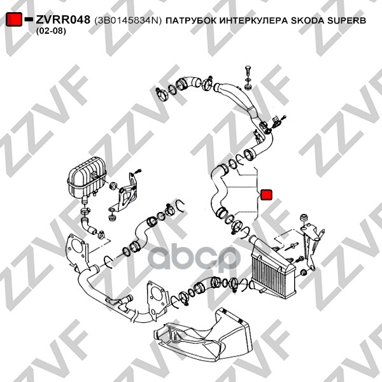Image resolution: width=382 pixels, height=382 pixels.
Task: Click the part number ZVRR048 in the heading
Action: (x=63, y=20)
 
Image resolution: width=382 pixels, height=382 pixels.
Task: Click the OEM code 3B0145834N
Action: (x=128, y=20)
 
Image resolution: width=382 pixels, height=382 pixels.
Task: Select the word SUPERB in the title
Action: (x=346, y=20)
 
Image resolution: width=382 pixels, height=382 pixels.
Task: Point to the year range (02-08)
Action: (x=51, y=31)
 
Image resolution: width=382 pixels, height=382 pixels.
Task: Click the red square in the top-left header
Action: (x=13, y=20)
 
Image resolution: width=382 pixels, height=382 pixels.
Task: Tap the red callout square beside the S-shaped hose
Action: (x=266, y=194)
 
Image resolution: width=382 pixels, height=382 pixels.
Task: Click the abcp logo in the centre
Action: (x=194, y=258)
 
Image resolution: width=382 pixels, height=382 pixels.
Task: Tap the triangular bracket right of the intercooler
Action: (x=311, y=246)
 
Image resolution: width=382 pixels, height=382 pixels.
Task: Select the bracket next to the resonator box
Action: (x=127, y=192)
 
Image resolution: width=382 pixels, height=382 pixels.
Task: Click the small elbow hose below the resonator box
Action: (x=88, y=225)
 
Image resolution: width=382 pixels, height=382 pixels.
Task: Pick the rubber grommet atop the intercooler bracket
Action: (x=304, y=218)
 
